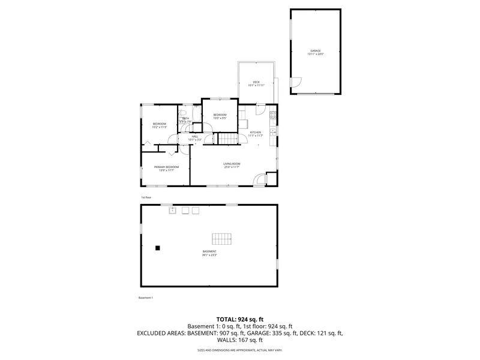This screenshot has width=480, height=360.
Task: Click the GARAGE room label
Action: (316, 50)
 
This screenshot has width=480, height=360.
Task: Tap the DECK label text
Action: (256, 82)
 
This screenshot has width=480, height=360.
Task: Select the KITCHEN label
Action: (256, 132)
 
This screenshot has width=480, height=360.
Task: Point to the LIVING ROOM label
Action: (232, 164)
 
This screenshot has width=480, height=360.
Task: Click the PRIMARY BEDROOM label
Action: (166, 167)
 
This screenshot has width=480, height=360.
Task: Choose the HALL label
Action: (195, 136)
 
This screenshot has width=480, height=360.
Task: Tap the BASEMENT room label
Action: (209, 251)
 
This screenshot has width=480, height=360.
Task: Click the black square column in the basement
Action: (158, 247)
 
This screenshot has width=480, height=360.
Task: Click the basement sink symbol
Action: (172, 210)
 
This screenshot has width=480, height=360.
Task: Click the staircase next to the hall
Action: (227, 139)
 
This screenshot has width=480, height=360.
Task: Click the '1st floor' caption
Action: (145, 197)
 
